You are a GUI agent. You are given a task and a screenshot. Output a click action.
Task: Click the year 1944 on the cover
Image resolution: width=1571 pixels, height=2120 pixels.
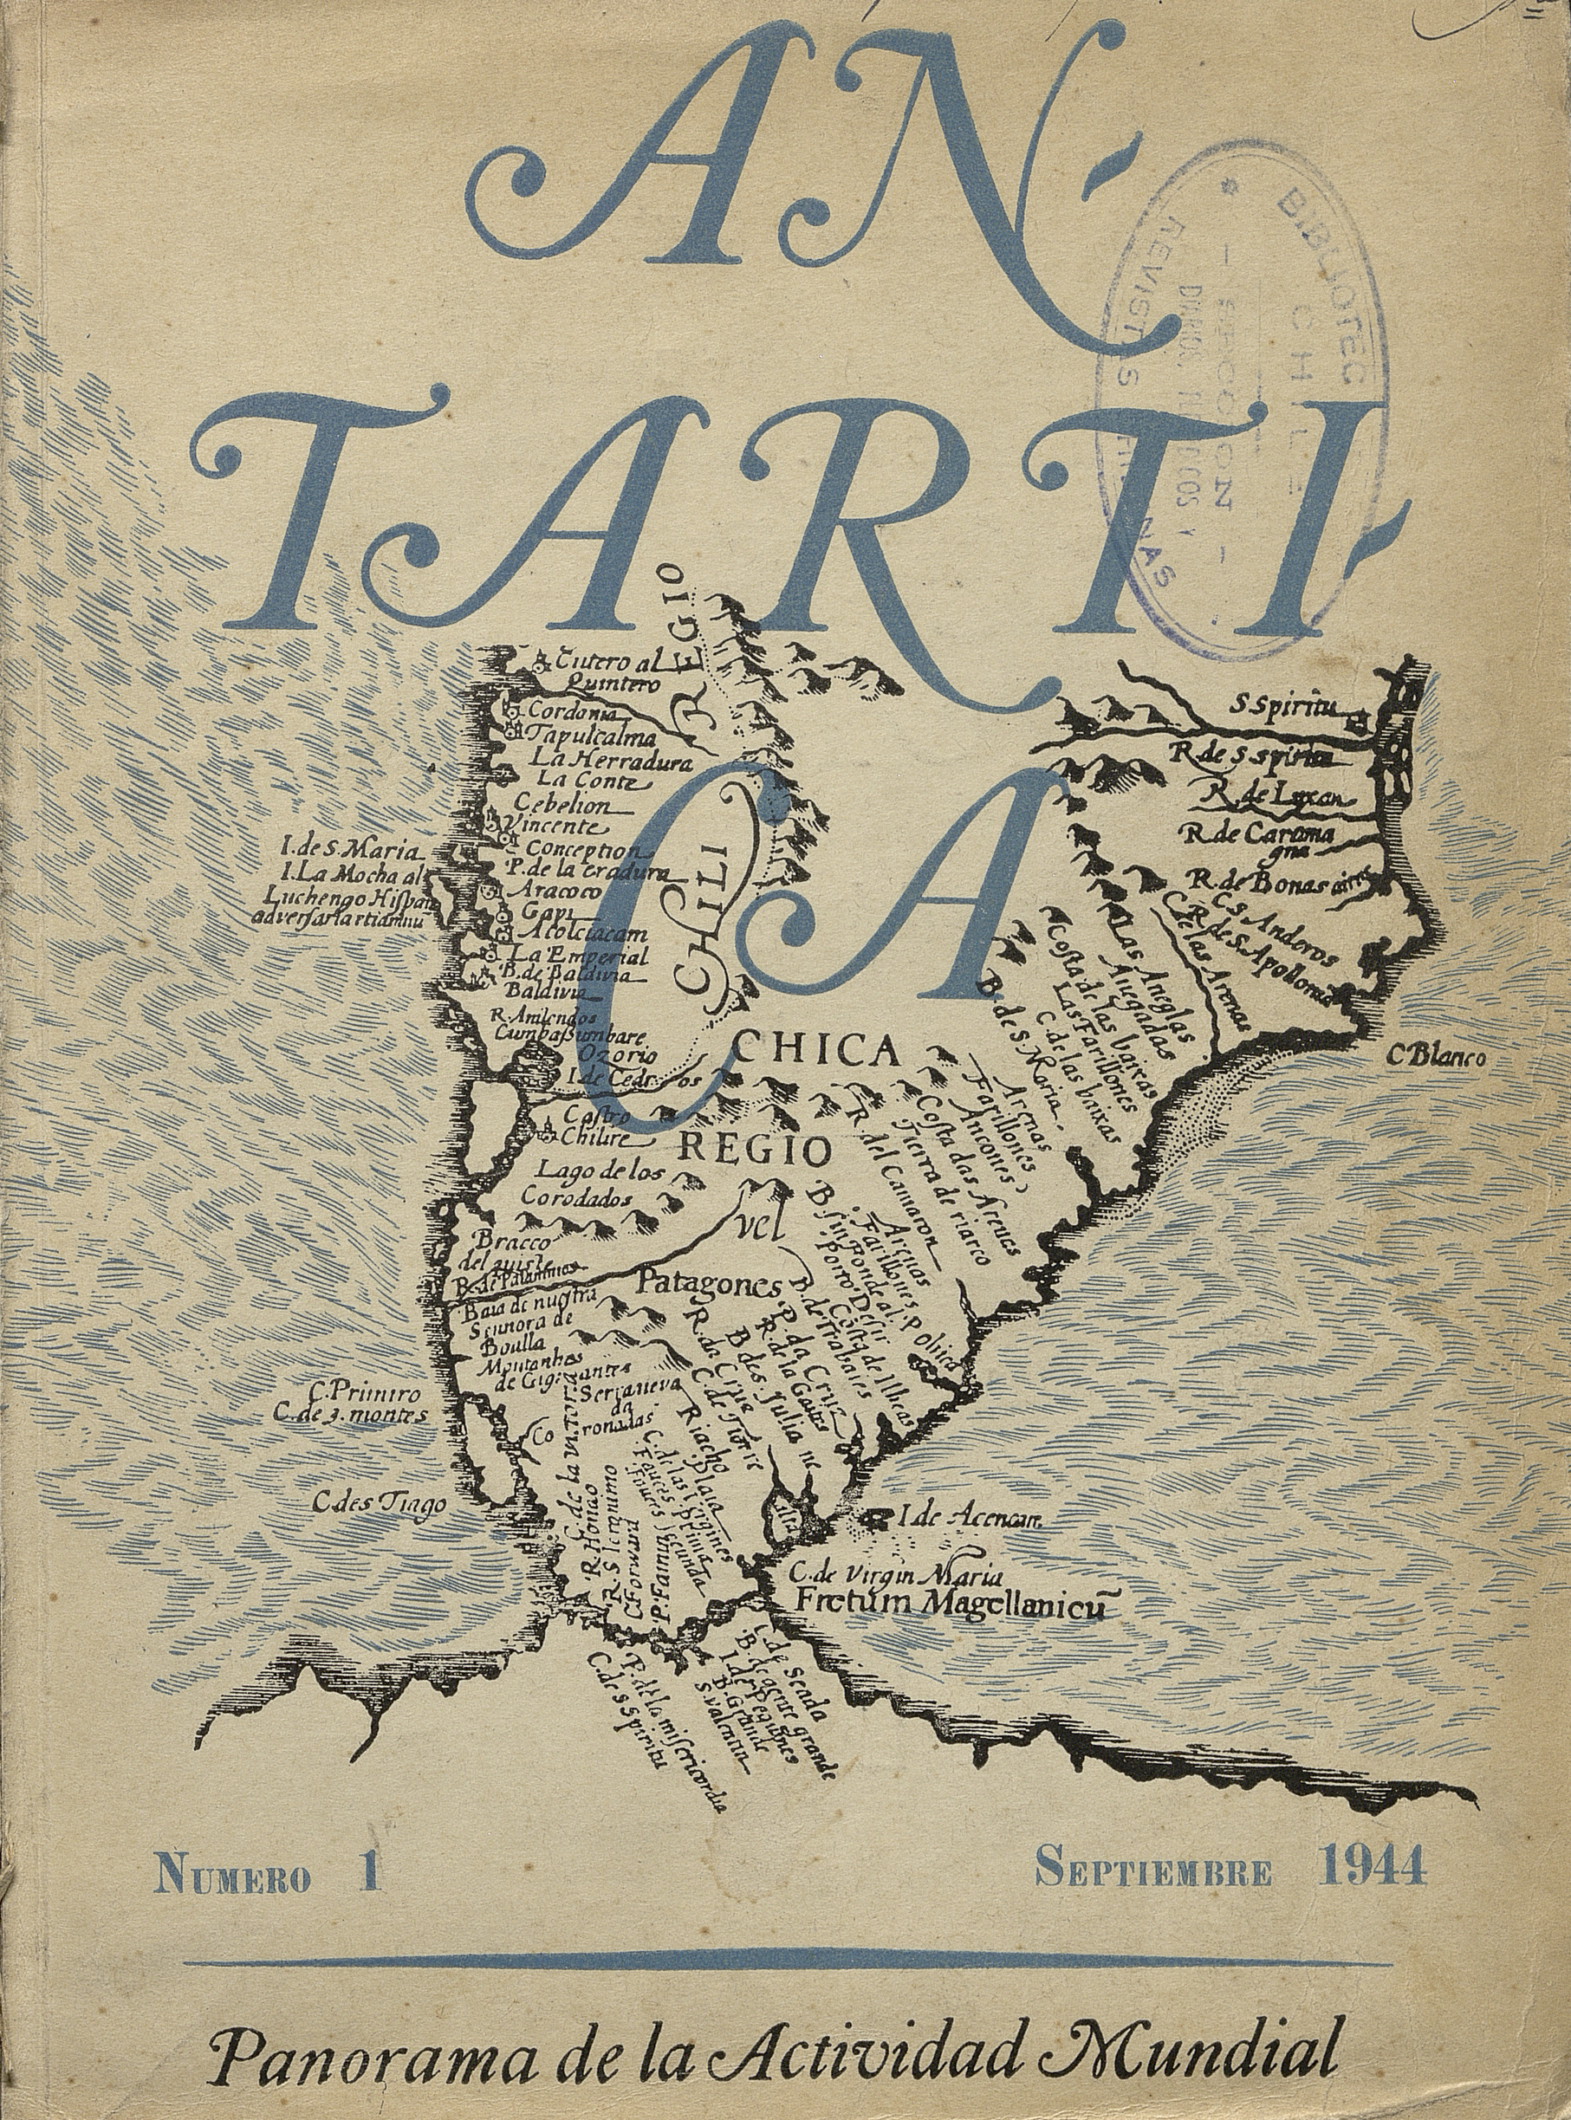pyautogui.click(x=1373, y=1768)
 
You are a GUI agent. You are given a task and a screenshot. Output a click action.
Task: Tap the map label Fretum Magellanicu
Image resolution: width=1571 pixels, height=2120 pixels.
pyautogui.click(x=950, y=1496)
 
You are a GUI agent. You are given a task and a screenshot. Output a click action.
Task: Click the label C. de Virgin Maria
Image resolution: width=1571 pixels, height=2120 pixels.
pyautogui.click(x=893, y=1465)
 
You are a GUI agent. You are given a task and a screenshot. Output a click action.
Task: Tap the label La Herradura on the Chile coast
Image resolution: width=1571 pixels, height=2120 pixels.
pyautogui.click(x=613, y=759)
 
